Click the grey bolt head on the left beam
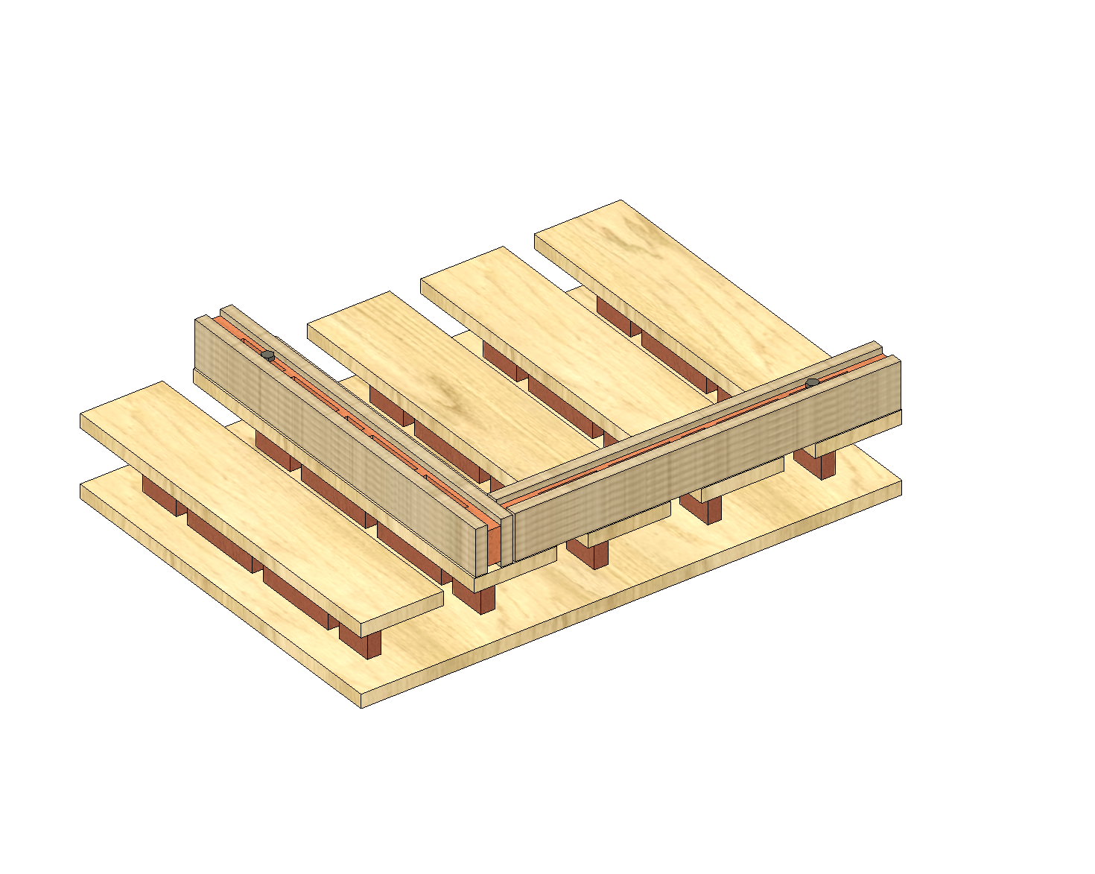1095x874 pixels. [x=267, y=355]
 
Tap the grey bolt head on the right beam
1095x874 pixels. [x=812, y=382]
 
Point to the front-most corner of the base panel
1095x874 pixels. [x=361, y=705]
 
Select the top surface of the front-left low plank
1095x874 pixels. [x=261, y=499]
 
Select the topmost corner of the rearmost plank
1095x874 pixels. [x=620, y=201]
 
